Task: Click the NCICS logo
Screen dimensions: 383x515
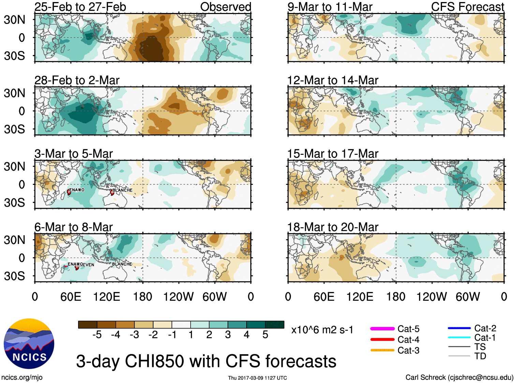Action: click(29, 343)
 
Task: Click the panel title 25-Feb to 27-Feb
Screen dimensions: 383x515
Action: click(80, 7)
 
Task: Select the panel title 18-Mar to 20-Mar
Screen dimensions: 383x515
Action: click(333, 227)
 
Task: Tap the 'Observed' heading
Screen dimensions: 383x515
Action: click(225, 7)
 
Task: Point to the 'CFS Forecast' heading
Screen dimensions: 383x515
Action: click(467, 7)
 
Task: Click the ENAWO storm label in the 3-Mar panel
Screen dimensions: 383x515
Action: click(77, 190)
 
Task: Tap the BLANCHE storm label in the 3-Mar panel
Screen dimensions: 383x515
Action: click(122, 190)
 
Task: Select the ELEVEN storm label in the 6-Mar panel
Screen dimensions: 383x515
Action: click(88, 264)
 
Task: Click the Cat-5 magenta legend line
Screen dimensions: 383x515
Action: click(382, 329)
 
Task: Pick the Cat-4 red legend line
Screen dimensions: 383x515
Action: click(382, 340)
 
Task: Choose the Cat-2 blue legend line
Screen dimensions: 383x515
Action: click(459, 328)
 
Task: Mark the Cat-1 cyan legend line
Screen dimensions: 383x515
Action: click(459, 338)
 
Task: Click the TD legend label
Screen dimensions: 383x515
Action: click(480, 356)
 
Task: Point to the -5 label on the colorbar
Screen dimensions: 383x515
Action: click(97, 335)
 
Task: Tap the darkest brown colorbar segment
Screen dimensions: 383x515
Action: click(88, 325)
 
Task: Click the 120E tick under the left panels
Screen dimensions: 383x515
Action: click(106, 297)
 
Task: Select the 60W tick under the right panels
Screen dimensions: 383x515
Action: click(468, 297)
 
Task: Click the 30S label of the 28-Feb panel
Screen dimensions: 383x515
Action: click(14, 129)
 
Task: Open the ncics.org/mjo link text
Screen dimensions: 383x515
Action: click(22, 377)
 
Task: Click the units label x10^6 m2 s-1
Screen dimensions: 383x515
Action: click(322, 330)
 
